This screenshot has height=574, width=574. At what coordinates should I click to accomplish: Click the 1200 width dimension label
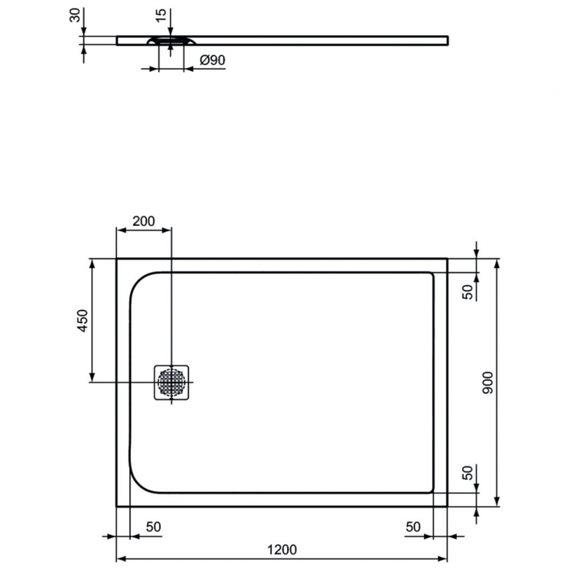tap(282, 550)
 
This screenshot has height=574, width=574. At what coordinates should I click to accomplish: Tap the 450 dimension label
tap(83, 320)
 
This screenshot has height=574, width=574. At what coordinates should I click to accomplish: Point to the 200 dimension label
tap(143, 221)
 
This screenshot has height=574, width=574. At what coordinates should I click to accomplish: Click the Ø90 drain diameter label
tap(211, 60)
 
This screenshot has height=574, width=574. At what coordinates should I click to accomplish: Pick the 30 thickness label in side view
tap(75, 16)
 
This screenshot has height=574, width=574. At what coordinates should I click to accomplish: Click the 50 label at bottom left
tap(153, 527)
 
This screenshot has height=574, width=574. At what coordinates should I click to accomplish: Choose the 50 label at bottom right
tap(413, 527)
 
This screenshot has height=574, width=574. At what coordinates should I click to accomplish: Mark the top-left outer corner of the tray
tap(116, 259)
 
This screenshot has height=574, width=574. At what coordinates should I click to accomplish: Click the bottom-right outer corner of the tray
tap(448, 506)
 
